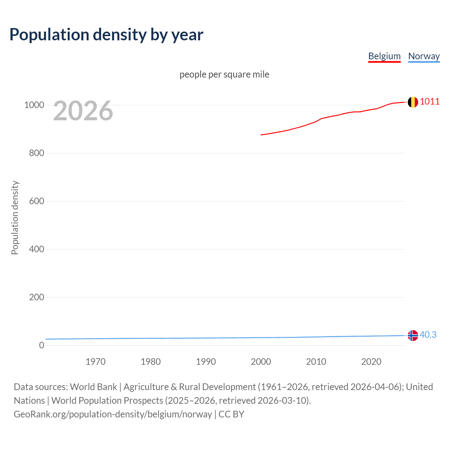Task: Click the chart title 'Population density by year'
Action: point(106,34)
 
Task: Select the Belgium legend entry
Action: point(384,56)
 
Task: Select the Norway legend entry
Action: point(424,56)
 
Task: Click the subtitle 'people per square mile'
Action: point(224,74)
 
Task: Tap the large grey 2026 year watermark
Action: point(83,111)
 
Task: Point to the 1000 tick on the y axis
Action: point(34,105)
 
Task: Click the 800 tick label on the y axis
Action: point(36,153)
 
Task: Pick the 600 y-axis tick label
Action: point(36,201)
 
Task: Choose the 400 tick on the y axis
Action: point(36,249)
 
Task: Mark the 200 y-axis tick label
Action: point(36,297)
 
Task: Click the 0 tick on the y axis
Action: point(42,345)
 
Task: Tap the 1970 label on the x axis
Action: point(95,362)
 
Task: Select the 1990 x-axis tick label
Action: point(206,362)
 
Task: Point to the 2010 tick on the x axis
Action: point(316,362)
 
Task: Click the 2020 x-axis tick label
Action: point(371,362)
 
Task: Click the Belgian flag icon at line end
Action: point(413,102)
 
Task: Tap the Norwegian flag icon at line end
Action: point(413,335)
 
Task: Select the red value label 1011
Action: point(430,101)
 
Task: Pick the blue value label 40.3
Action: point(428,335)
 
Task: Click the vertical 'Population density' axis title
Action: point(15,217)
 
